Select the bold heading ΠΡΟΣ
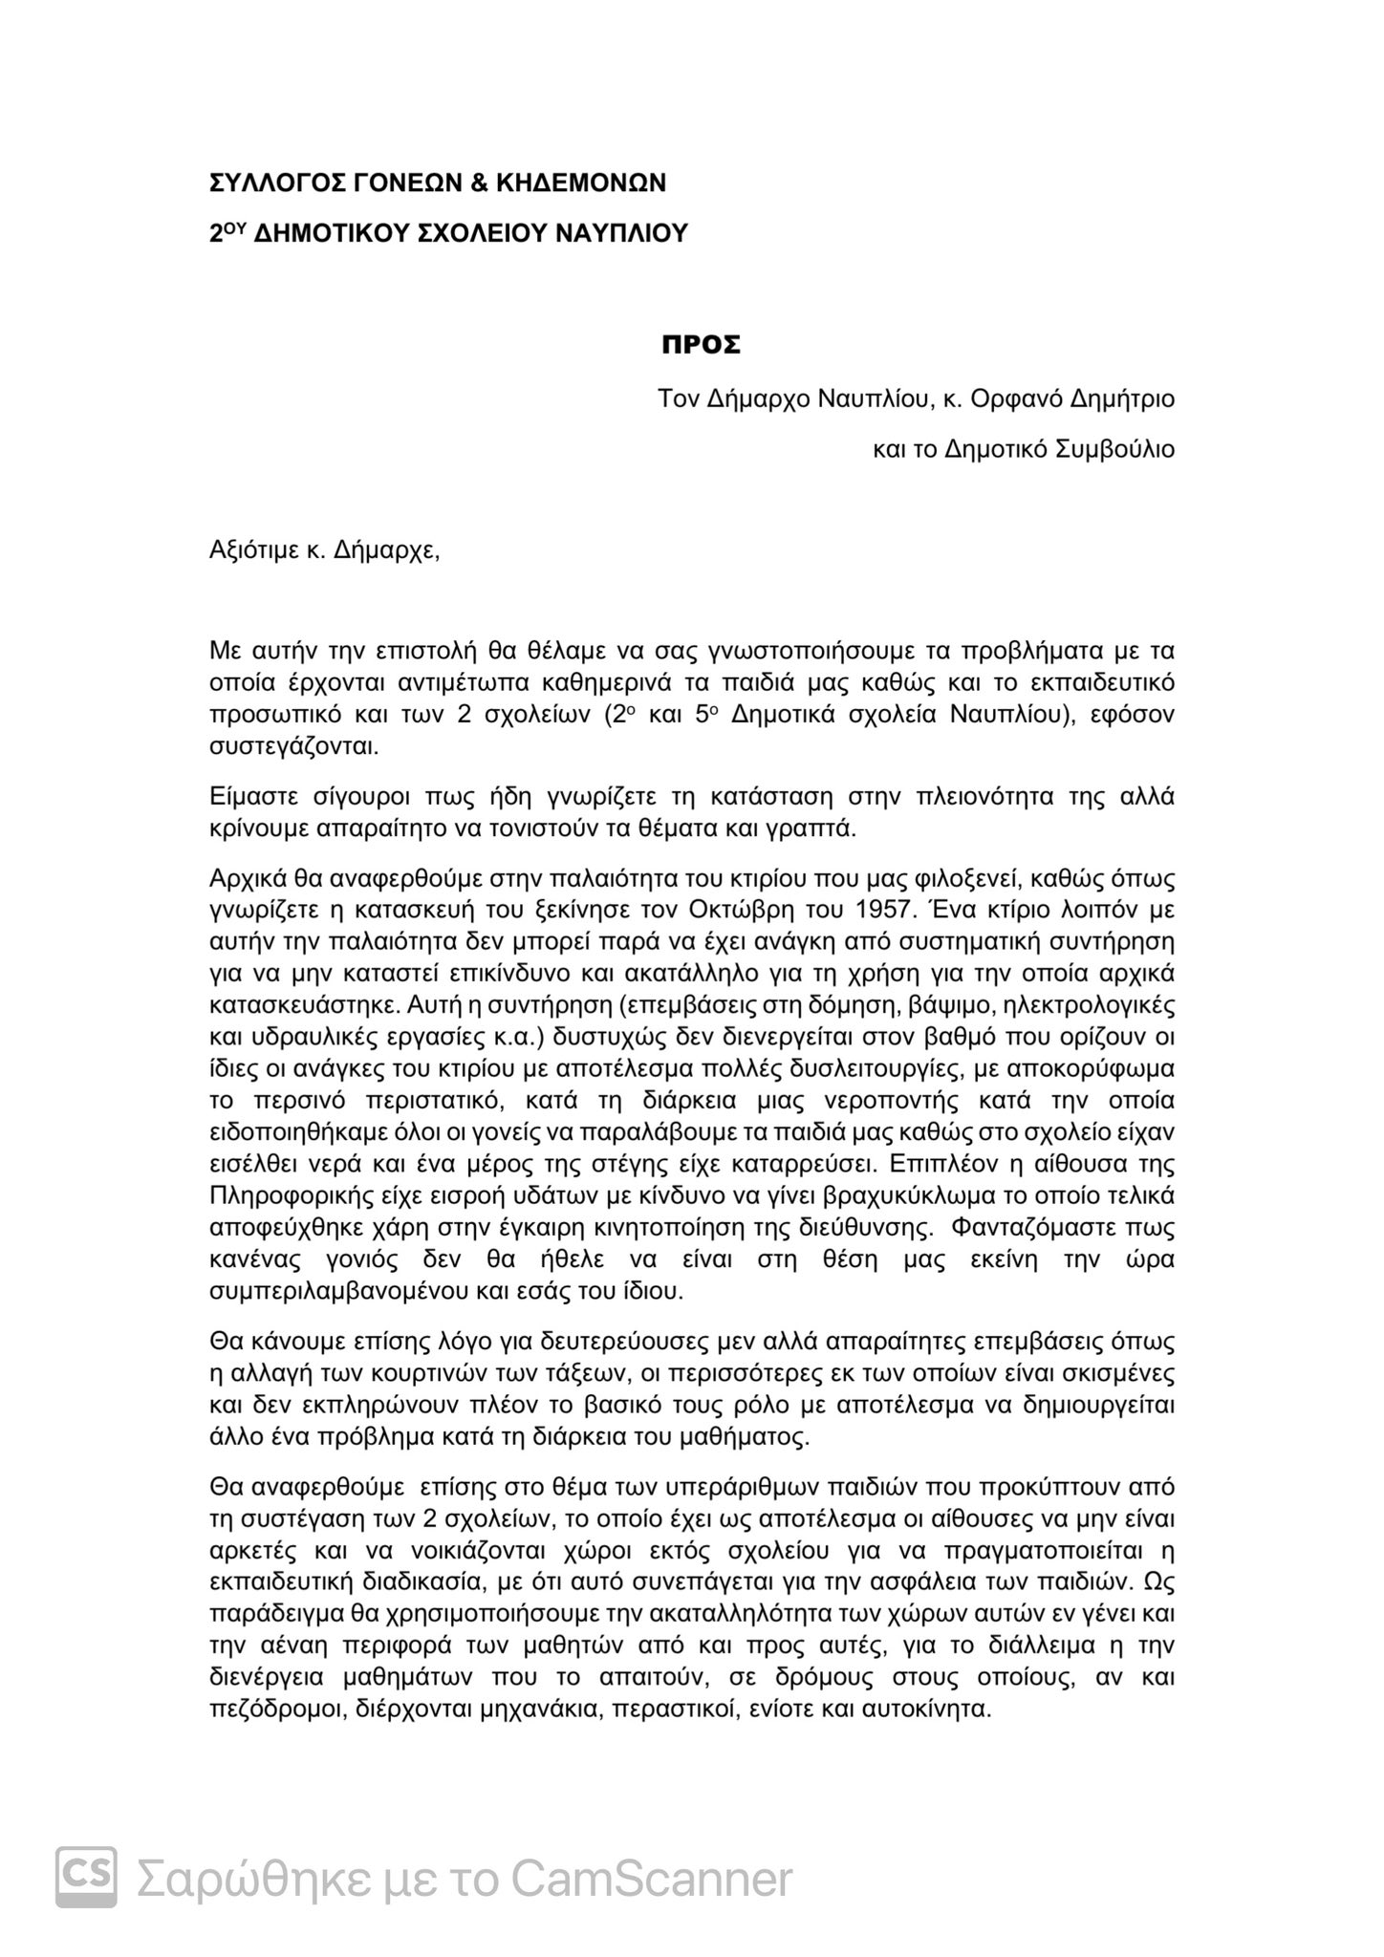[x=702, y=346]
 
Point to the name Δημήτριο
[x=1120, y=398]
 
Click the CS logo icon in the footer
[x=86, y=1878]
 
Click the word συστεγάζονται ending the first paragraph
[x=294, y=745]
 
